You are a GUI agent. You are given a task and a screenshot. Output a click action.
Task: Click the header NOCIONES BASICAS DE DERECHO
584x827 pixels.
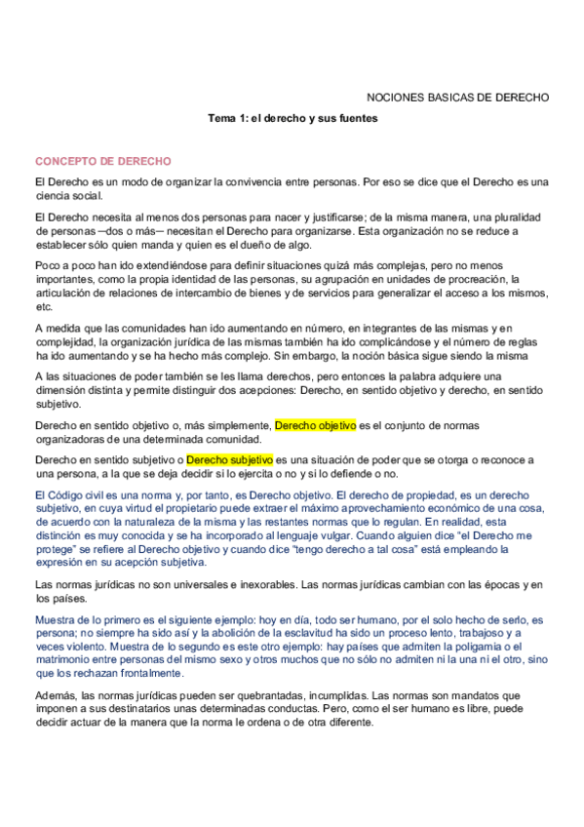[457, 98]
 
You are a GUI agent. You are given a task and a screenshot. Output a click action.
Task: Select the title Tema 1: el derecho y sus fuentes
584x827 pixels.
[292, 118]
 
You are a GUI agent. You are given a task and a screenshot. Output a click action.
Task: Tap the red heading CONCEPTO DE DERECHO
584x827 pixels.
[103, 161]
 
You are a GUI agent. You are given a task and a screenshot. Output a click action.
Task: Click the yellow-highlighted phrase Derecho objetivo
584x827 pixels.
[316, 426]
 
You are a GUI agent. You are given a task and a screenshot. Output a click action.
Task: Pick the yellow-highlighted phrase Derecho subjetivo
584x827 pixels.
[230, 459]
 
